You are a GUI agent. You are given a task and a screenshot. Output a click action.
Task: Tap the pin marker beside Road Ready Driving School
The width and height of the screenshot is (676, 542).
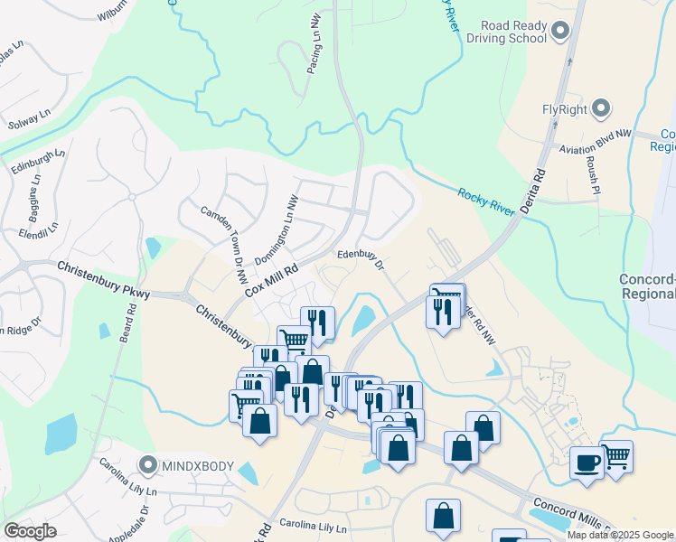point(559,33)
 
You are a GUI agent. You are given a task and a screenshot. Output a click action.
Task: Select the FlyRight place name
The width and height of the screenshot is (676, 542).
point(565,110)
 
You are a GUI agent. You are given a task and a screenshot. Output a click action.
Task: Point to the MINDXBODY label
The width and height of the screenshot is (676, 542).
point(198,466)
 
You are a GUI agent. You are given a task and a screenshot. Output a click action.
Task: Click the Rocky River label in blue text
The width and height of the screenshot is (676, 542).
point(485,203)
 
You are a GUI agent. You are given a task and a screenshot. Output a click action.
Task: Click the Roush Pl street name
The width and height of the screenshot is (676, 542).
point(594,174)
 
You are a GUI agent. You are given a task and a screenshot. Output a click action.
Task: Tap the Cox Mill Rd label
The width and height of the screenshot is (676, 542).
point(270,272)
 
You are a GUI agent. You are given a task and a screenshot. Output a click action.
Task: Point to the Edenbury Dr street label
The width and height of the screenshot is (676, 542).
point(361,260)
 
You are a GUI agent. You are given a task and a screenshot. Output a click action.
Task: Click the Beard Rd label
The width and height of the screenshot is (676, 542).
point(127,320)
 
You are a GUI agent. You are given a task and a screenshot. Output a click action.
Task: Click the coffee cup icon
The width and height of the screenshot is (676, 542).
point(587,462)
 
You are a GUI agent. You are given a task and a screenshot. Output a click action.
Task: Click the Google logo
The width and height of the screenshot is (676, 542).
point(31,531)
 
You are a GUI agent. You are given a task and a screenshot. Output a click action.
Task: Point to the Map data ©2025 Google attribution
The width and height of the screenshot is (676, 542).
point(619,535)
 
